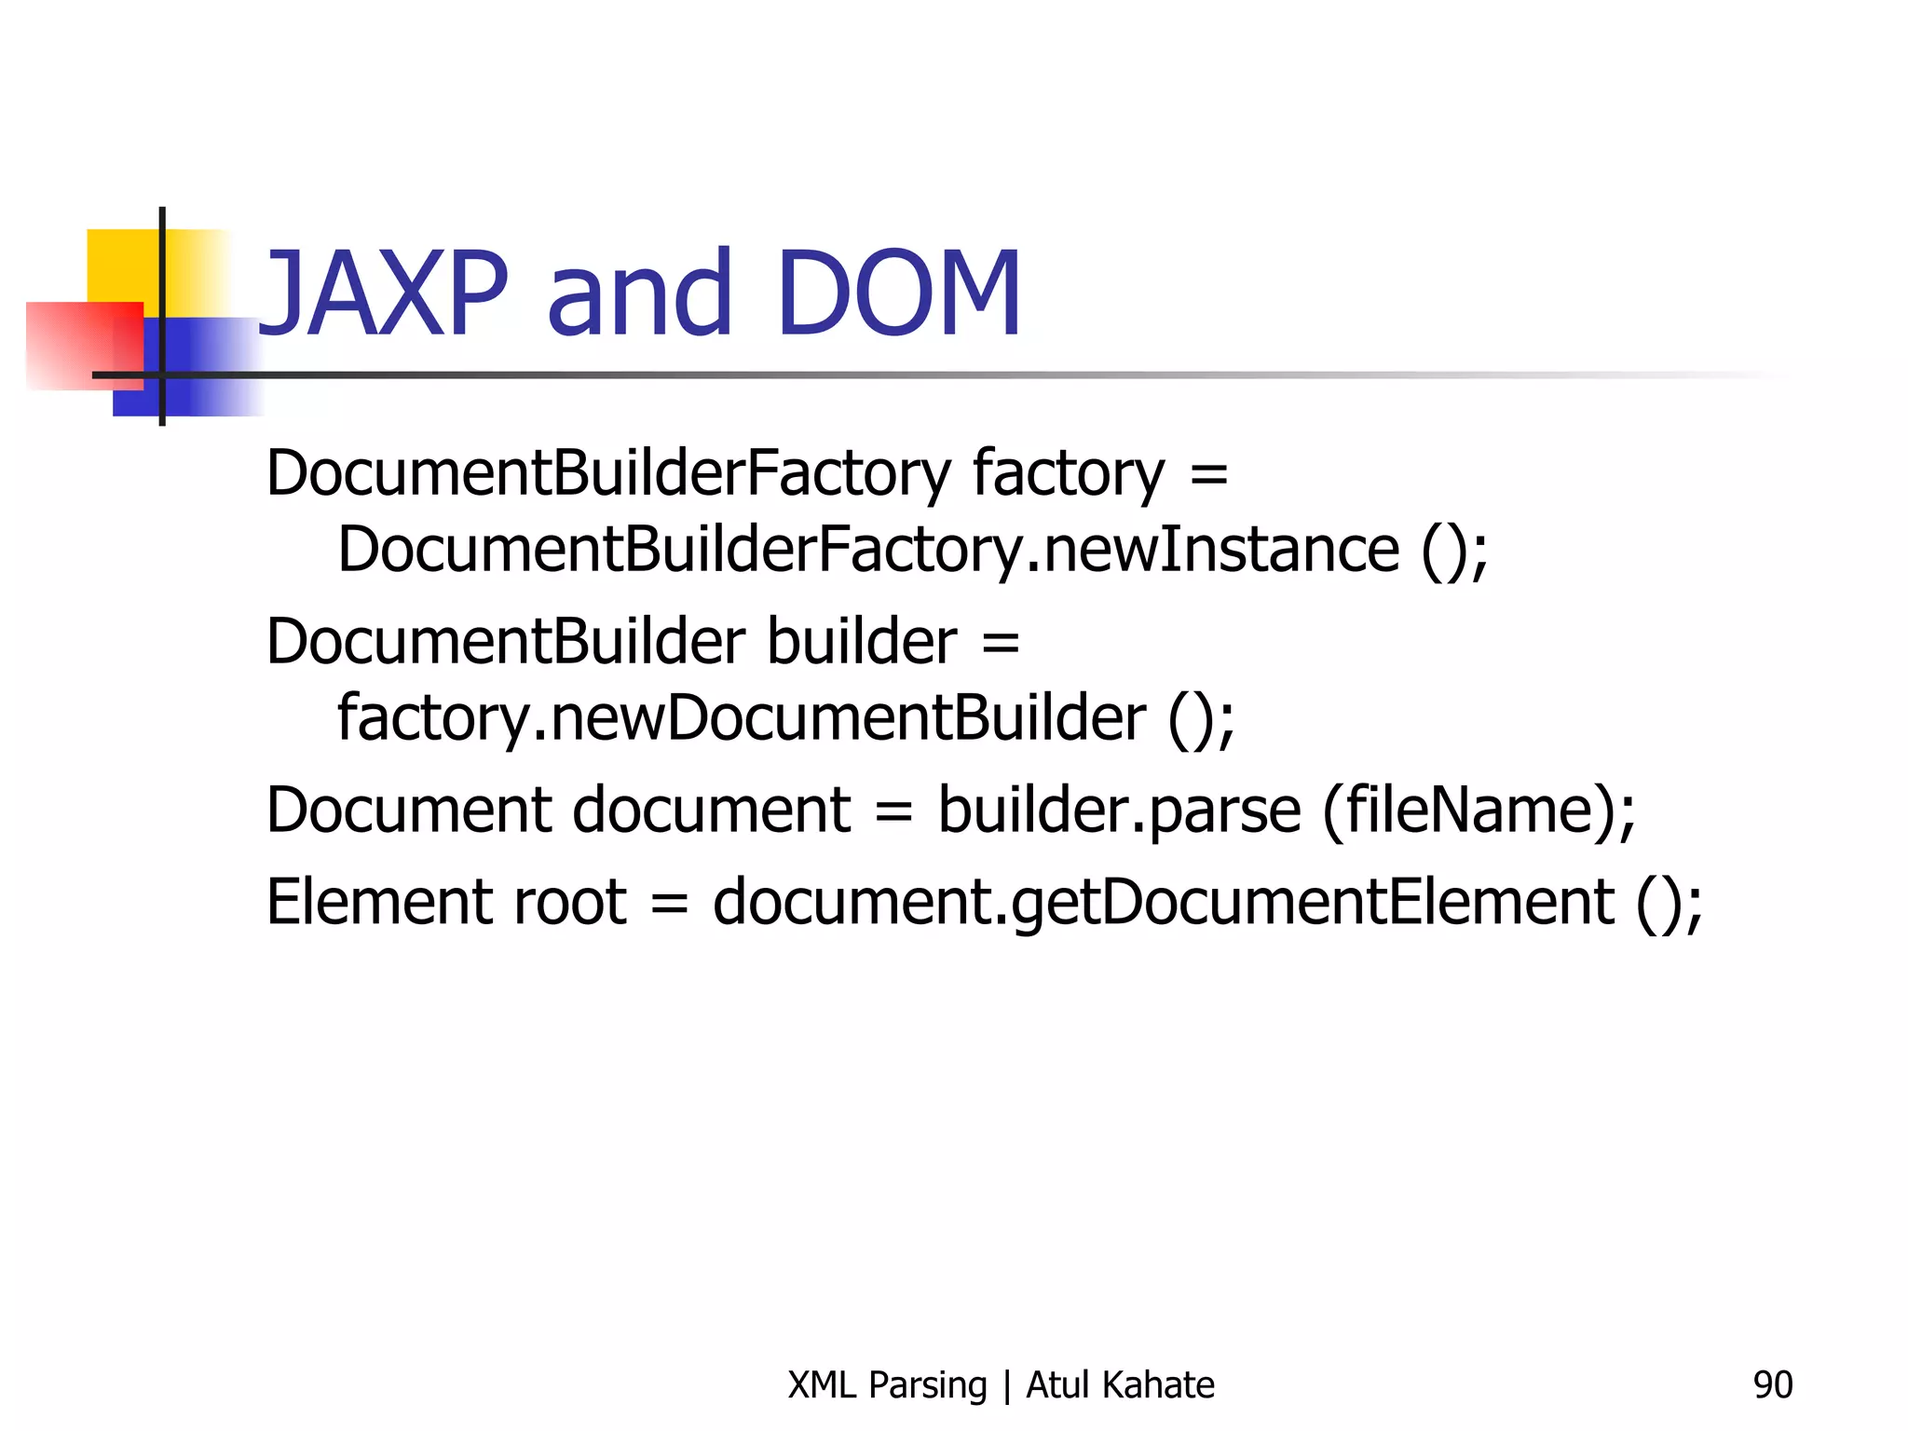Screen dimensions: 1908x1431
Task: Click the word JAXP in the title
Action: coord(383,293)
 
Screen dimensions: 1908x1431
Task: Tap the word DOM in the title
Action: coord(898,293)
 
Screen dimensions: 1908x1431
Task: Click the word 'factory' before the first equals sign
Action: coord(1068,473)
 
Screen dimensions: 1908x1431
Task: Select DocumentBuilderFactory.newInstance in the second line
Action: coord(867,550)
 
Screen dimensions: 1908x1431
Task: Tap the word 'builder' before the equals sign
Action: coord(862,642)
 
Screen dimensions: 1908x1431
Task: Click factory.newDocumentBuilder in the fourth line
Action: coord(741,718)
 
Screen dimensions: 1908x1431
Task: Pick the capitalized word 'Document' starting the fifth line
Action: coord(409,810)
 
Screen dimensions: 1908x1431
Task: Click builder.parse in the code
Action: coord(1118,810)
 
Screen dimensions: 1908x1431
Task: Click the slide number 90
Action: coord(1772,1385)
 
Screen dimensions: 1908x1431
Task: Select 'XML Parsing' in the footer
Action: coord(886,1385)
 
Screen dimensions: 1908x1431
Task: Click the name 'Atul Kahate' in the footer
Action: coord(1120,1385)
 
